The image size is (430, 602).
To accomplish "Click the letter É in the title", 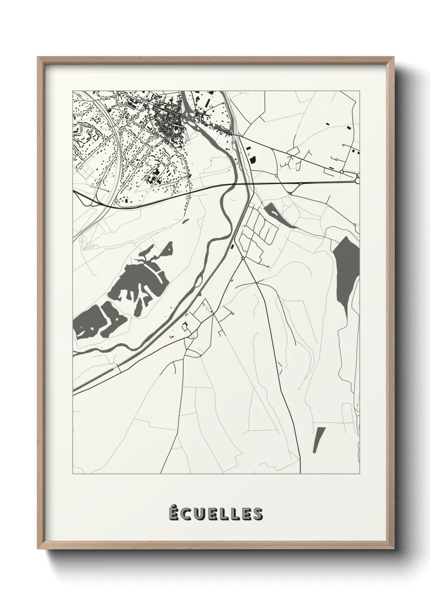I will [x=173, y=514].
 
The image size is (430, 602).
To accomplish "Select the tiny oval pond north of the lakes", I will [x=185, y=221].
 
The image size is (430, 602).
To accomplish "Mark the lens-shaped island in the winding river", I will [x=199, y=281].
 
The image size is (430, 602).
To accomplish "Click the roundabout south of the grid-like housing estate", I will [x=243, y=258].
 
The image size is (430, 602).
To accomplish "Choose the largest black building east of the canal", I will [x=250, y=159].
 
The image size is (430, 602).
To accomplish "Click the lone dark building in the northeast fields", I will [x=328, y=122].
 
